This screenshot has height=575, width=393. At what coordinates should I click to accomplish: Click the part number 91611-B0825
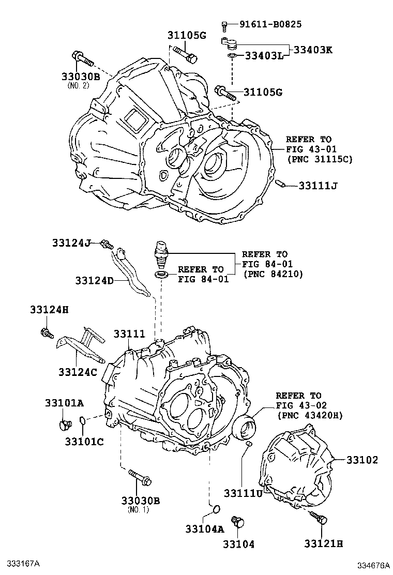(x=270, y=24)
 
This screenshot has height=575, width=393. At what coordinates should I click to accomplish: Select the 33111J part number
(x=318, y=185)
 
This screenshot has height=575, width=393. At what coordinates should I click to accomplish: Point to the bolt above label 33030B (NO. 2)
(x=82, y=59)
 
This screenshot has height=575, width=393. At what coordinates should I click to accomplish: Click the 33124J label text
(x=71, y=243)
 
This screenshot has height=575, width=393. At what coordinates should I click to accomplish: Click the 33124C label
(x=78, y=371)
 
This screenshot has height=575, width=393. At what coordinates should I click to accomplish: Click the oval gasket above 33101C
(x=83, y=425)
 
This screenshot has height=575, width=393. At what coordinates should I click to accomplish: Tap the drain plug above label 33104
(x=238, y=522)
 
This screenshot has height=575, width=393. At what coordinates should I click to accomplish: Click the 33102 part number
(x=362, y=460)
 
